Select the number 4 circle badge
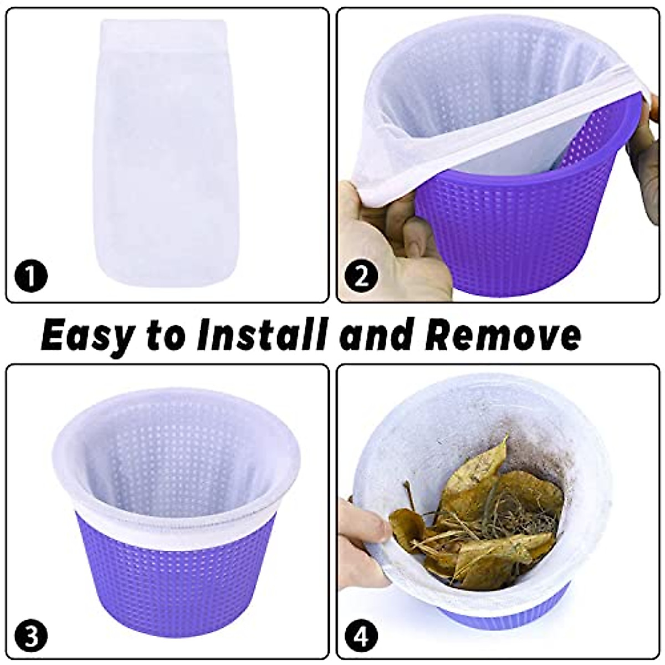361,635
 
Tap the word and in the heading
377,335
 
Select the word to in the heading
166,336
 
